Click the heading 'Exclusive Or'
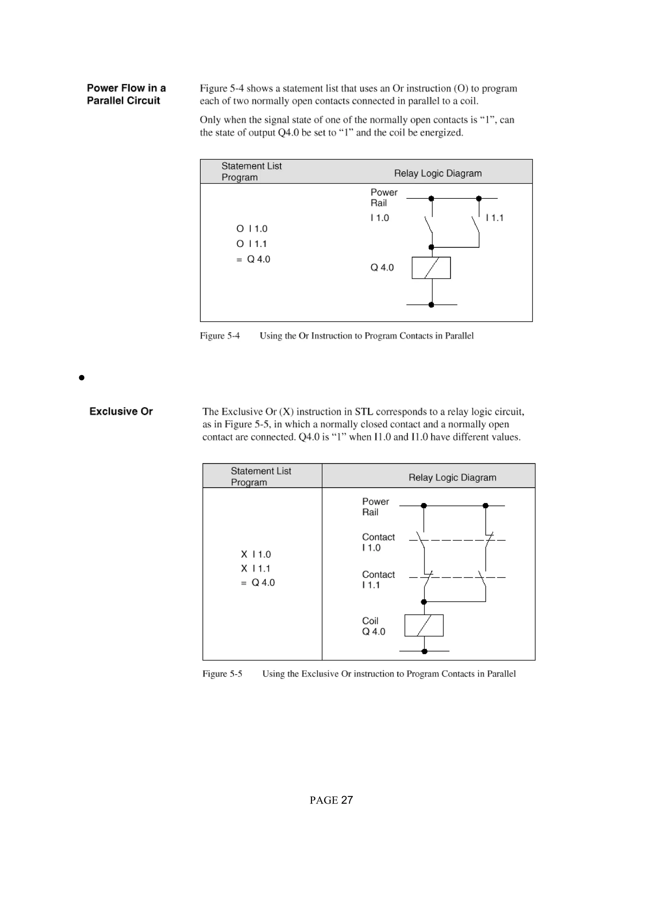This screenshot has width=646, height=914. [121, 411]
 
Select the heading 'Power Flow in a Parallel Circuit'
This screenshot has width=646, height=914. [126, 94]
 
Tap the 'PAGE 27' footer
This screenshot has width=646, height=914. [331, 800]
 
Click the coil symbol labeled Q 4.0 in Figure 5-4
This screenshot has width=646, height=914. [431, 268]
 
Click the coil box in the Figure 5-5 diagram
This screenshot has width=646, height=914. [424, 625]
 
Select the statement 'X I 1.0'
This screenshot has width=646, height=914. [256, 554]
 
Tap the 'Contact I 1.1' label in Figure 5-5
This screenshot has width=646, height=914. [378, 580]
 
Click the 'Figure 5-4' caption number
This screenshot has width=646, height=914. [220, 336]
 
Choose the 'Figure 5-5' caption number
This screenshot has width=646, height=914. [222, 674]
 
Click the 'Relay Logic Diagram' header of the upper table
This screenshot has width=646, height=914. [438, 173]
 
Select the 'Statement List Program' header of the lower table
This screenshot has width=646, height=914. [261, 477]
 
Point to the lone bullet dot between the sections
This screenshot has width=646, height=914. [82, 378]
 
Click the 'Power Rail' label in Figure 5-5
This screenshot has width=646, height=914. [375, 507]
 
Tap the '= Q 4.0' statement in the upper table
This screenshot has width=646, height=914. [253, 259]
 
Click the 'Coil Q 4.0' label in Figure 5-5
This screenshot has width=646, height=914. [373, 626]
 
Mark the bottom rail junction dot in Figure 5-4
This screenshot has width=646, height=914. [431, 305]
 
